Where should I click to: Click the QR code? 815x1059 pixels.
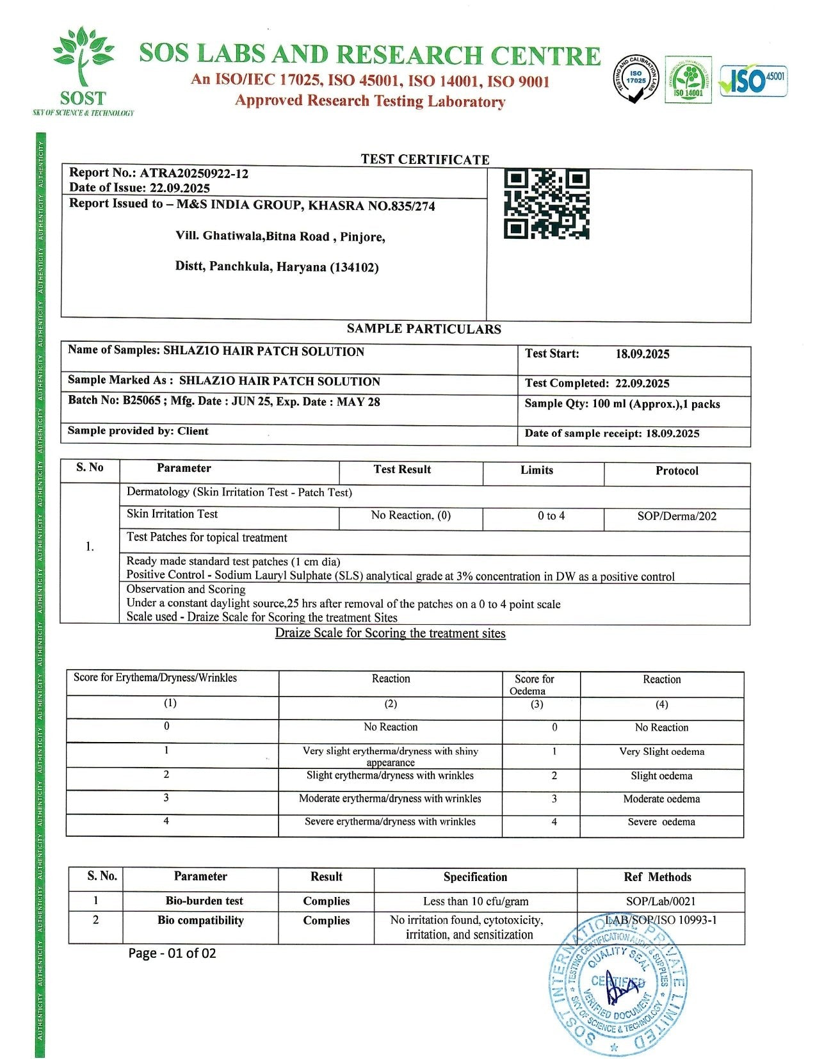[x=546, y=204]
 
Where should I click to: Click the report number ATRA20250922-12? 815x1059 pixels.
[x=194, y=173]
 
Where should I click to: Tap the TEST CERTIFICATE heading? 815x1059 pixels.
[x=424, y=159]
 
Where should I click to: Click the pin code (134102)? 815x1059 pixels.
[x=354, y=268]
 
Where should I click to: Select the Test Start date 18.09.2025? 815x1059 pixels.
[x=642, y=354]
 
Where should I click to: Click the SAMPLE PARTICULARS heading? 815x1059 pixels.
[x=424, y=329]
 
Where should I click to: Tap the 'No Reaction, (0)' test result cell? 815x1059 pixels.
[x=410, y=515]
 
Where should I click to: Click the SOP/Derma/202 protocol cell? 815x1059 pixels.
[x=677, y=516]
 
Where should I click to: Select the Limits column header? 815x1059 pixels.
[x=537, y=470]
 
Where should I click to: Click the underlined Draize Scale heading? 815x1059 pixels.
[x=390, y=633]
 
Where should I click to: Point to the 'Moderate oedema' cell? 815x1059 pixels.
[x=661, y=799]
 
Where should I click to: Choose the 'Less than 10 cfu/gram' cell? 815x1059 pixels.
[x=476, y=901]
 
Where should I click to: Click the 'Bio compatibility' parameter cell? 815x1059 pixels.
[x=200, y=921]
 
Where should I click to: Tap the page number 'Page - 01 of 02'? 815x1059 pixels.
[x=172, y=953]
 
